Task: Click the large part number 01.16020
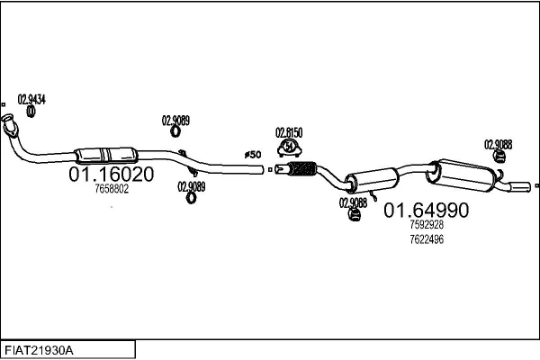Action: tap(111, 173)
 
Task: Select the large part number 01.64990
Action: tap(427, 211)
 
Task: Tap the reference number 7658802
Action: tap(112, 189)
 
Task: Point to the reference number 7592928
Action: tap(427, 225)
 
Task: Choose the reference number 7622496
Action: tap(427, 239)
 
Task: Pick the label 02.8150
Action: tap(289, 130)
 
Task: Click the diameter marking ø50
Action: tap(253, 155)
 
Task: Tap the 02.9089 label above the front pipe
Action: tap(175, 120)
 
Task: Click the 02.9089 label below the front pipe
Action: tap(191, 186)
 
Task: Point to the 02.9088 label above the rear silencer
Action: tap(498, 143)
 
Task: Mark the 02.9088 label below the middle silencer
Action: tap(353, 202)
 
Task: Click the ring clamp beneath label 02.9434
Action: tap(31, 112)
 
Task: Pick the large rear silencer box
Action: tap(463, 172)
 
